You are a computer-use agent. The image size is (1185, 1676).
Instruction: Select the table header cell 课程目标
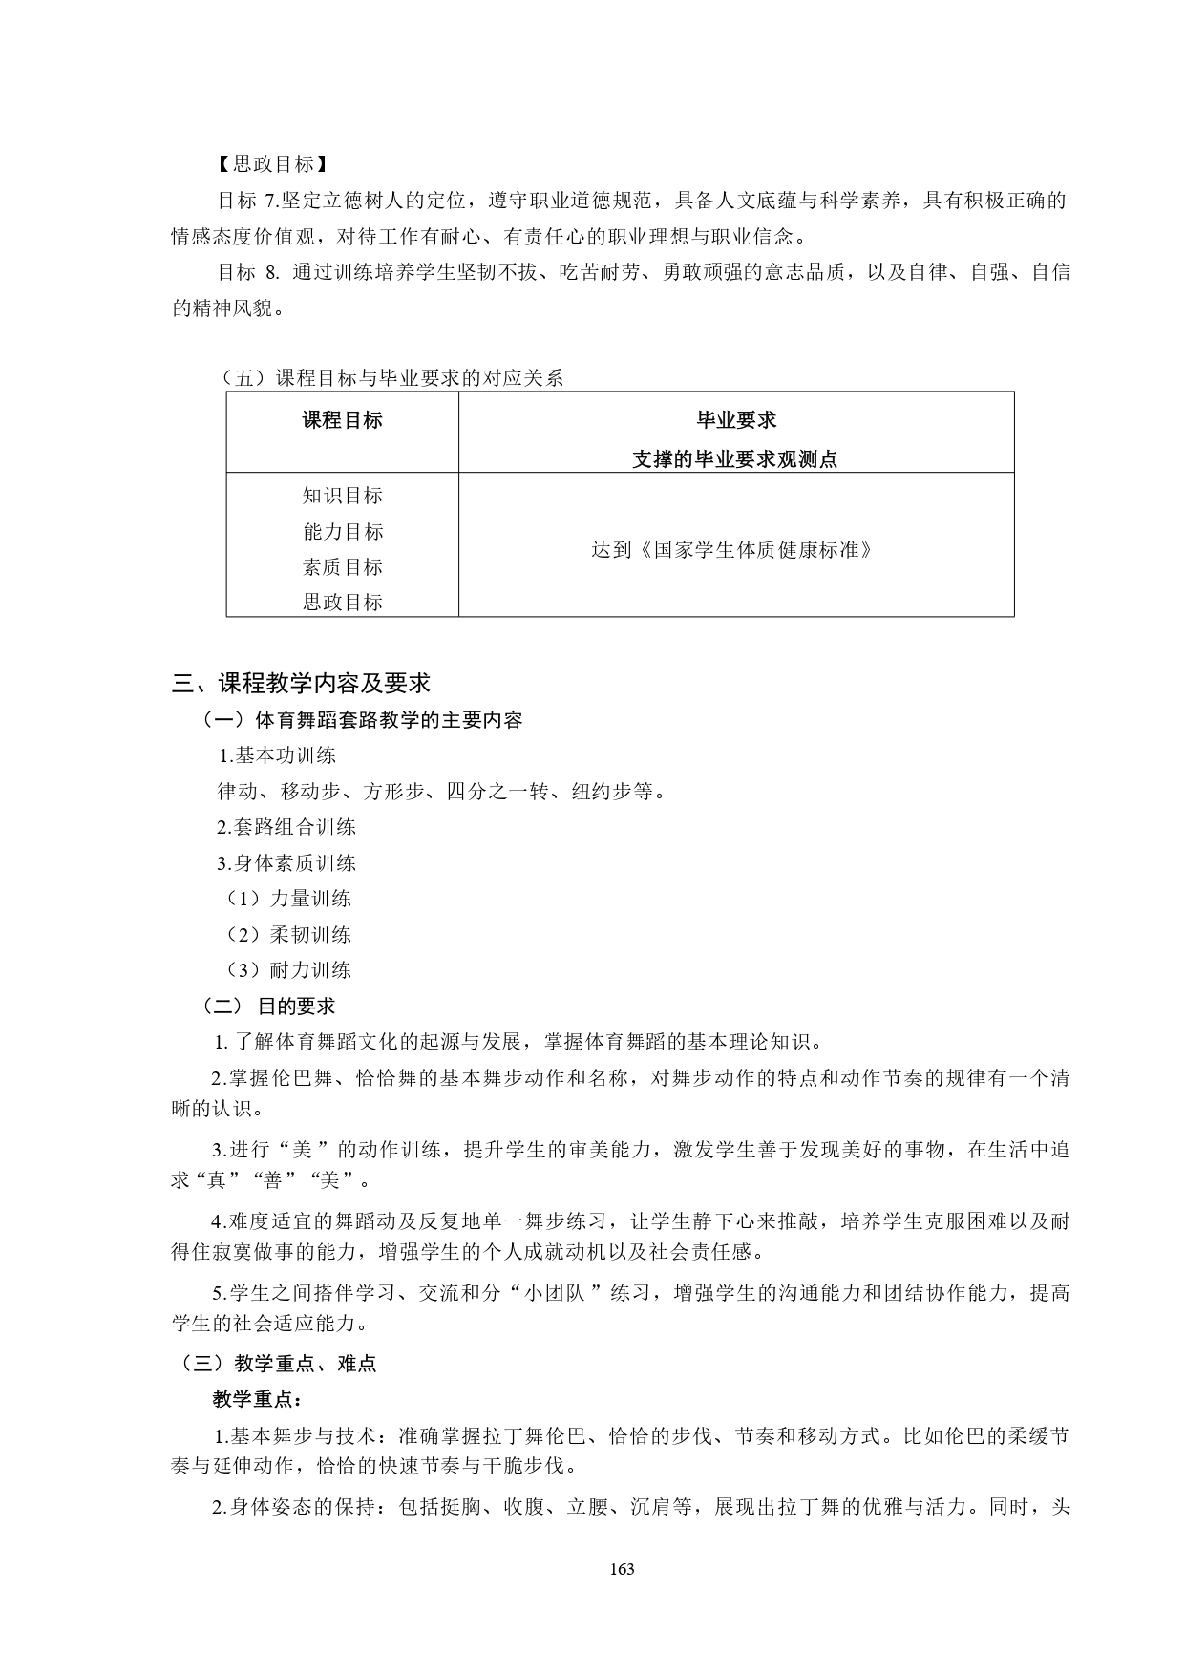[342, 420]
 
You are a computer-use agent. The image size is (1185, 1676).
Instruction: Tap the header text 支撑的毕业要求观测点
[735, 459]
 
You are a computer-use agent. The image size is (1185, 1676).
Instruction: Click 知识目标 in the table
[342, 496]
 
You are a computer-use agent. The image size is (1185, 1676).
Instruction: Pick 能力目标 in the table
[342, 532]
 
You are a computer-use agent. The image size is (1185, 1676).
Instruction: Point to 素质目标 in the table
[342, 567]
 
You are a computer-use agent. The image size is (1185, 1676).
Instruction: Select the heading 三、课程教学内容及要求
[301, 683]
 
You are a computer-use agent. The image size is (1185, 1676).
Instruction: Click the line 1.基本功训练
[278, 755]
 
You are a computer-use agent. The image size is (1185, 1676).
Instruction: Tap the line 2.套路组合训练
[286, 827]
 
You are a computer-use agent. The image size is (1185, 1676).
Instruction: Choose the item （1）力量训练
[288, 899]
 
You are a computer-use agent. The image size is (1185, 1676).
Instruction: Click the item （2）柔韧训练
[288, 935]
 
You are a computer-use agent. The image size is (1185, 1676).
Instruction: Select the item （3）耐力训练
[288, 970]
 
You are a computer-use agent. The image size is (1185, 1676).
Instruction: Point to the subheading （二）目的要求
[268, 1007]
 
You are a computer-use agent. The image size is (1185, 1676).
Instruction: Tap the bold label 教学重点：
[256, 1400]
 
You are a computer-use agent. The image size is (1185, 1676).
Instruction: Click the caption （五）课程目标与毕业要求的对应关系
[391, 378]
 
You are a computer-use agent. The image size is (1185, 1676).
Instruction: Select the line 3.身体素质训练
[286, 863]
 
